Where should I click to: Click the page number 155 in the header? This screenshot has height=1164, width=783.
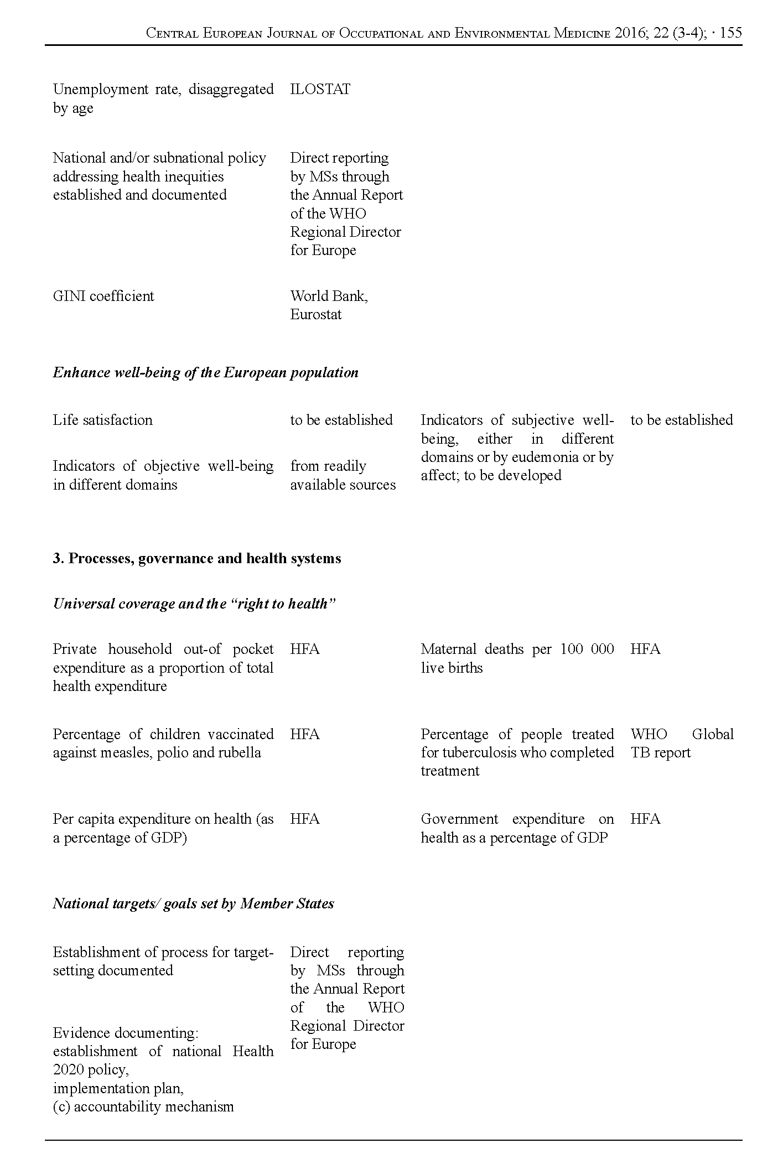click(x=731, y=33)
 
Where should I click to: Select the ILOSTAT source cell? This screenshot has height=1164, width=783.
click(x=320, y=90)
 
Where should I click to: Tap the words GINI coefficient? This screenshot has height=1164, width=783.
click(x=103, y=296)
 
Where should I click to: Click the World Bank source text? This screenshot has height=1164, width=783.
click(x=329, y=296)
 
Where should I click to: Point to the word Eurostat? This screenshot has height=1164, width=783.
click(x=316, y=315)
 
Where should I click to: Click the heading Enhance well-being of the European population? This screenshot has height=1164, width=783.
click(x=205, y=372)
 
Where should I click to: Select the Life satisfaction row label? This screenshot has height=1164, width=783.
click(x=102, y=420)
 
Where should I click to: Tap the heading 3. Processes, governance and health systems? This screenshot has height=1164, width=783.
click(x=196, y=558)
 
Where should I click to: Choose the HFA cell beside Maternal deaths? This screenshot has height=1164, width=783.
click(x=645, y=649)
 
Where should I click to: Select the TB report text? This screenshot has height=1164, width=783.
click(x=661, y=752)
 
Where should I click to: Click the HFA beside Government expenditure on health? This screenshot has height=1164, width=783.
click(x=645, y=819)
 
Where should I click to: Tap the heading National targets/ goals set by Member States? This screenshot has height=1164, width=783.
click(x=193, y=903)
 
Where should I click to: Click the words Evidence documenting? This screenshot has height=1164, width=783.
click(x=126, y=1033)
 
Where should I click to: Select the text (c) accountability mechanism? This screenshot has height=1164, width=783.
click(x=143, y=1106)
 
